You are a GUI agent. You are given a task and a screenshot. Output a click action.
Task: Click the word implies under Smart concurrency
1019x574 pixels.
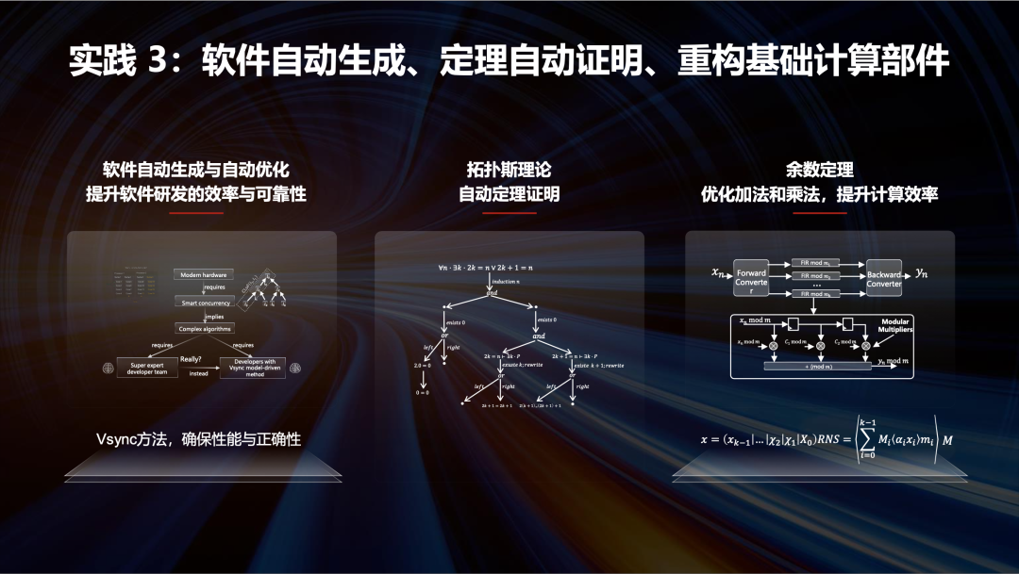click(215, 316)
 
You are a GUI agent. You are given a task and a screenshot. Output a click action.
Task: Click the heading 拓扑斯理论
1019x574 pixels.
click(509, 170)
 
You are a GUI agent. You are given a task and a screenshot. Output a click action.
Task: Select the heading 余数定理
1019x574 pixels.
click(819, 170)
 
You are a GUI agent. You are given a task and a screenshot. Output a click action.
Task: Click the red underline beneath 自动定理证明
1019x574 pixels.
click(509, 212)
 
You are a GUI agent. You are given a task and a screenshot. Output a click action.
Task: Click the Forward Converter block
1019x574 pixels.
click(752, 279)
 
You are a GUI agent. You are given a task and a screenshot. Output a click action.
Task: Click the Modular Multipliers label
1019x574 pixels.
click(894, 325)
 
